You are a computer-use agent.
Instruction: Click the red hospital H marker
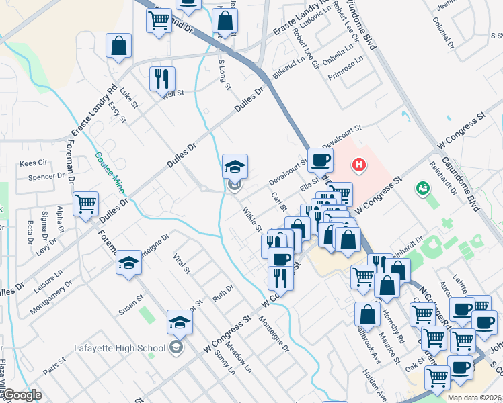359,164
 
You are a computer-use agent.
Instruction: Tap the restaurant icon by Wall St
162,79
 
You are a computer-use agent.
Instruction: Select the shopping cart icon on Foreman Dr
85,204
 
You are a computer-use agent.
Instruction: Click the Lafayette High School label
120,347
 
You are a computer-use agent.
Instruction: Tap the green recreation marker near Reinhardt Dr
423,188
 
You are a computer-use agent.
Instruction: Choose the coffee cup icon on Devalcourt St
321,160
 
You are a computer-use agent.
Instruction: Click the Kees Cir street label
33,163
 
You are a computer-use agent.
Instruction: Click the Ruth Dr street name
223,293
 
